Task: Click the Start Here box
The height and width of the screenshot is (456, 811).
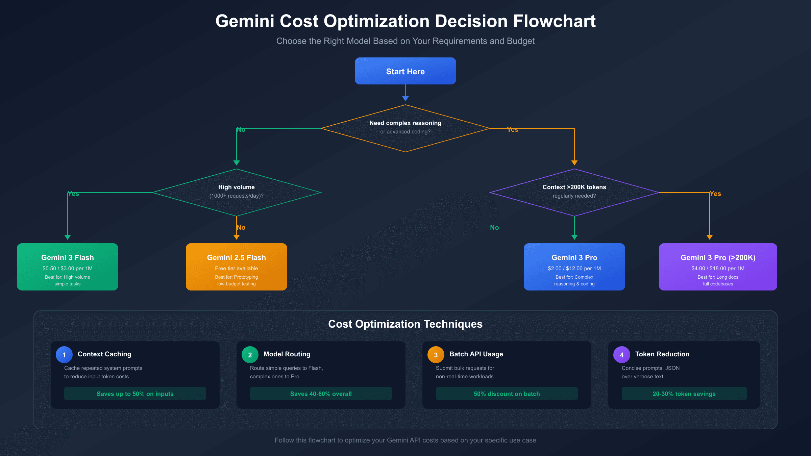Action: [x=405, y=71]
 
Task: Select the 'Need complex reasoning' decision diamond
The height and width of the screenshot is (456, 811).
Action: [x=405, y=128]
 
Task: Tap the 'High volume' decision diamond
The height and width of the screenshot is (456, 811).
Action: [x=236, y=192]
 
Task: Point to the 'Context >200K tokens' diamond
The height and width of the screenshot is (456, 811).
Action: [x=574, y=192]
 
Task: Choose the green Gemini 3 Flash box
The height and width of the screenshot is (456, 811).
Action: [x=68, y=267]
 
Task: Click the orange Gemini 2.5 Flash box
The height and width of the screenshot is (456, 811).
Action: [x=236, y=267]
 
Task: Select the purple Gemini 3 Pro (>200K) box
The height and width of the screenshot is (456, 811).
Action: [x=718, y=267]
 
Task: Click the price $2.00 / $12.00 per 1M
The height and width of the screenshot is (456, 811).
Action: [x=574, y=269]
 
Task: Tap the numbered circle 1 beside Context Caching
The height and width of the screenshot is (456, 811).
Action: [x=64, y=355]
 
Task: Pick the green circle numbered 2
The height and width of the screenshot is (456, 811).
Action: [x=250, y=355]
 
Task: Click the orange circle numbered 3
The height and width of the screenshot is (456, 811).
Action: [x=436, y=355]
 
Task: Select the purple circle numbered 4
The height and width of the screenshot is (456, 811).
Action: [x=622, y=355]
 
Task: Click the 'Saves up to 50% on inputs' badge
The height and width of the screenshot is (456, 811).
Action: [x=135, y=394]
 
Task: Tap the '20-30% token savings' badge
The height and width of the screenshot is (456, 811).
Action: [x=684, y=394]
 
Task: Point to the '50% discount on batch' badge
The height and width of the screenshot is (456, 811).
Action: [x=507, y=394]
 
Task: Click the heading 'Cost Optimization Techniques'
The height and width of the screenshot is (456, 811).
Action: [x=405, y=324]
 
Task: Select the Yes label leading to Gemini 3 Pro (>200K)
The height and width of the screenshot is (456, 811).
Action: [x=715, y=194]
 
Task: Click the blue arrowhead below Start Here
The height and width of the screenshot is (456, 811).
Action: [x=405, y=98]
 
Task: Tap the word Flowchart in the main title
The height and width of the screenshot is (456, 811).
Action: [x=554, y=21]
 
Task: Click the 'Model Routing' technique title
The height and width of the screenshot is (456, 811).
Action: [x=287, y=354]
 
